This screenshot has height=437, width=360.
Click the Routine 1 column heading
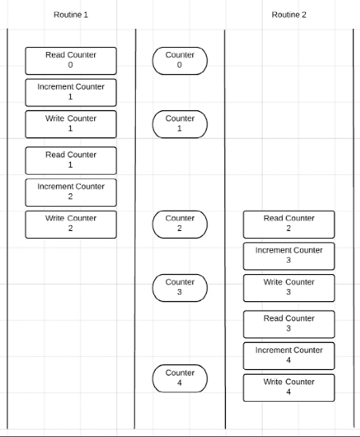click(x=71, y=14)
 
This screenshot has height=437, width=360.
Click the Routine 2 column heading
click(x=289, y=14)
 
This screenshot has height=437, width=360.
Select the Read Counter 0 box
click(x=71, y=61)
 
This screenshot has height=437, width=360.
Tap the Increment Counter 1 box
click(x=71, y=93)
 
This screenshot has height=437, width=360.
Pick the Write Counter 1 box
click(x=71, y=125)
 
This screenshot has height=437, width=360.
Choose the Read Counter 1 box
click(x=71, y=161)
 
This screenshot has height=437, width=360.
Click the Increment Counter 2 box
click(x=71, y=193)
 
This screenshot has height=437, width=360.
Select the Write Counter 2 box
click(x=71, y=224)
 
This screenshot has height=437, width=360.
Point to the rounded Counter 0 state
click(x=180, y=61)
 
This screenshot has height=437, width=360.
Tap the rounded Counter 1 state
click(x=180, y=125)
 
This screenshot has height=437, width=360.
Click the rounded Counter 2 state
click(x=180, y=224)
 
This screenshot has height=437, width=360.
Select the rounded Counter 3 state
click(x=180, y=288)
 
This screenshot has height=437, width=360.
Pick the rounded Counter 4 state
click(x=180, y=379)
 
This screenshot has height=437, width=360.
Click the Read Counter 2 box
click(x=289, y=224)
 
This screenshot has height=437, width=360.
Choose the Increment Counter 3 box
click(x=289, y=256)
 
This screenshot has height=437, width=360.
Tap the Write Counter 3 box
click(x=289, y=288)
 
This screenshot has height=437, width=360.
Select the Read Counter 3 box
click(x=289, y=324)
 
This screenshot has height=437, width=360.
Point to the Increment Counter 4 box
click(x=289, y=356)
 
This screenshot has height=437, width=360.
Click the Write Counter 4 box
click(x=289, y=388)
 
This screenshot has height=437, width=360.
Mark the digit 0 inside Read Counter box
click(x=70, y=65)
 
